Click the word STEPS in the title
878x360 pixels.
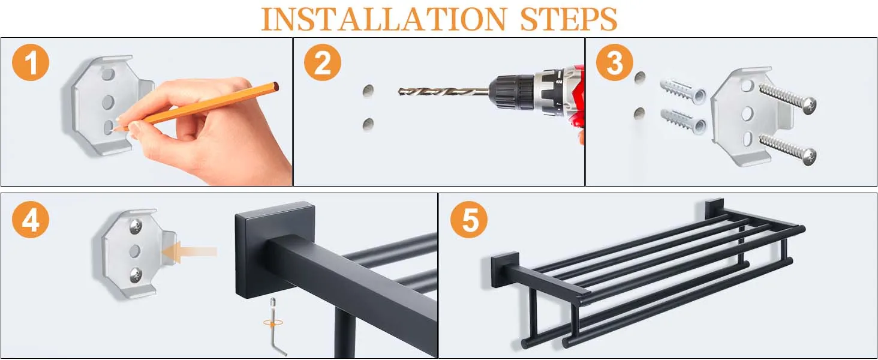pos(569,19)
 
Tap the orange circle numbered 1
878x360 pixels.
pos(31,62)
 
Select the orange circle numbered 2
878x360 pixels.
pos(323,62)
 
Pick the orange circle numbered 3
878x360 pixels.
pos(615,62)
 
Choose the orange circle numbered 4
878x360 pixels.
pos(31,219)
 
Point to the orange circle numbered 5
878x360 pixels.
pos(469,219)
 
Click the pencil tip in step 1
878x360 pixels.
pos(113,130)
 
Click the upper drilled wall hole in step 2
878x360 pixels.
pos(368,91)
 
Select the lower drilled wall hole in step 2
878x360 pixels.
pos(368,124)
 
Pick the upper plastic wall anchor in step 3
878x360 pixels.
pos(683,92)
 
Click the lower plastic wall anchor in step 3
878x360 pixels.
pos(683,122)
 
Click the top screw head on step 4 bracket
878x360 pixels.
pos(136,226)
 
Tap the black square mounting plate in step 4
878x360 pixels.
pos(275,250)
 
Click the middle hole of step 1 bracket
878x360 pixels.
pos(108,102)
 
